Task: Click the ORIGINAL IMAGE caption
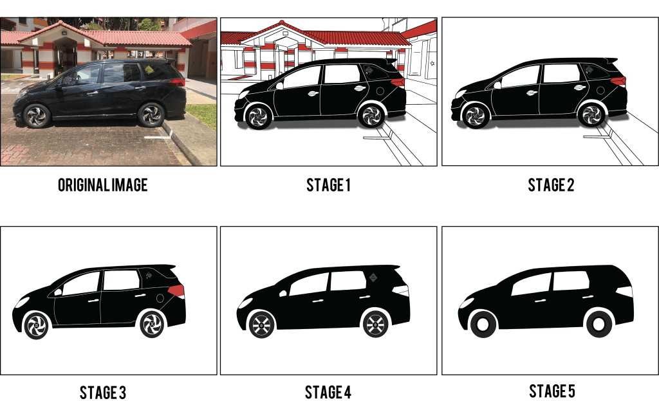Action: coord(103,185)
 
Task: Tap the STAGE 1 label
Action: coord(328,185)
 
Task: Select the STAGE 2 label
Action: coord(551,185)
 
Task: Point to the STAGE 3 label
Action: coord(103,393)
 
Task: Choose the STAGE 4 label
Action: coord(328,392)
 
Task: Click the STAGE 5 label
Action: coord(552,391)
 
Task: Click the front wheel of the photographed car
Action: coord(37,116)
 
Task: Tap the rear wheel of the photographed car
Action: coord(151,114)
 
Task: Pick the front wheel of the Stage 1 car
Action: coord(258,116)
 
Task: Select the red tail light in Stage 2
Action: coord(618,82)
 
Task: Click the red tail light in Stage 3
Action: coord(176,290)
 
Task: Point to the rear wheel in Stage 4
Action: coord(375,324)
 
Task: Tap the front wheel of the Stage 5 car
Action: coord(483,325)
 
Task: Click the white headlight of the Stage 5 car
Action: coord(466,303)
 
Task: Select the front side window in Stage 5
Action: coord(531,285)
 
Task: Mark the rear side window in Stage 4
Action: coord(348,281)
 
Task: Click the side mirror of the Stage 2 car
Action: coord(497,85)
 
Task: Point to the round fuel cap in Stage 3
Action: coord(160,298)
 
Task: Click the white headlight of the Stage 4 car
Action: coord(245,303)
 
